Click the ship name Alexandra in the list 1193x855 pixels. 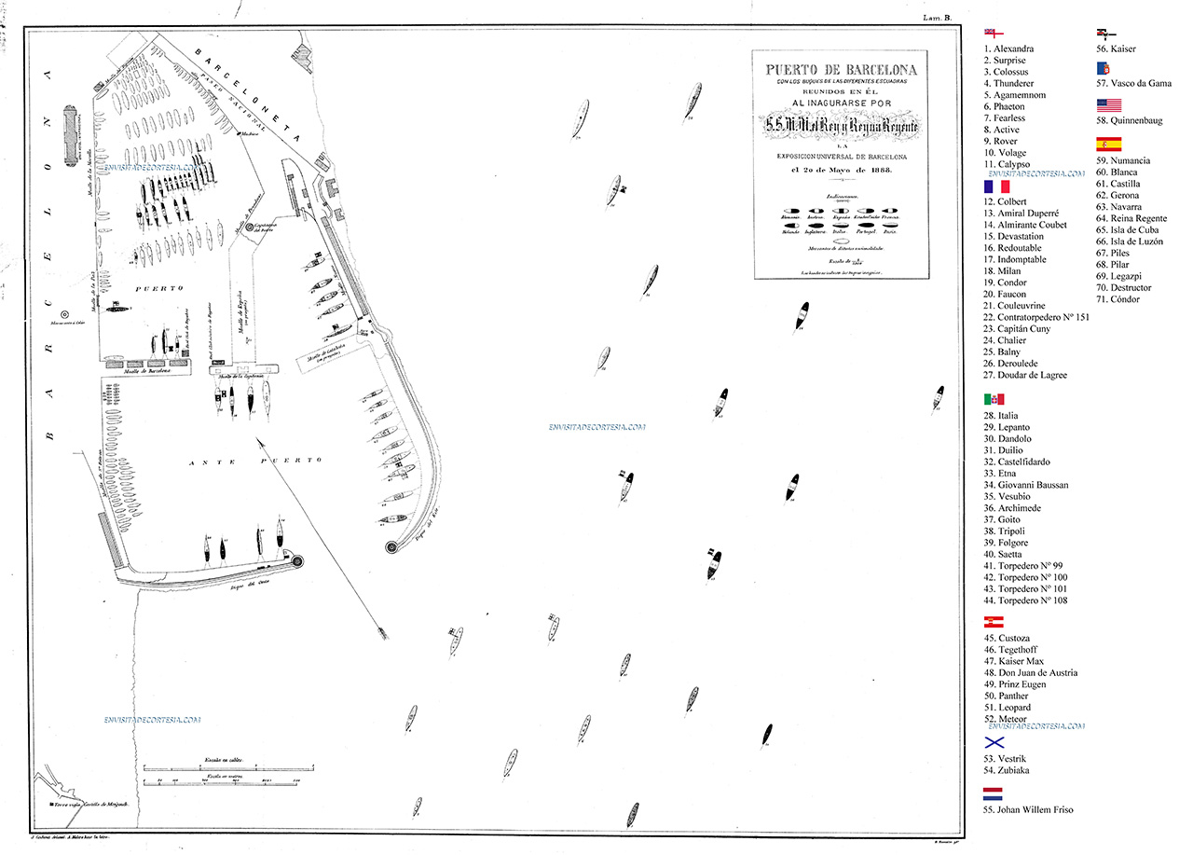pos(1014,48)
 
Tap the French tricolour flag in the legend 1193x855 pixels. pos(997,186)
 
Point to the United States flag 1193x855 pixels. pos(1108,105)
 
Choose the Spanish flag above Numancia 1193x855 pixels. pos(1108,145)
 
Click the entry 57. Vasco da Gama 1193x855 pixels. pos(1133,84)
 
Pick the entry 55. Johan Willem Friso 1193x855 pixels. pos(1028,810)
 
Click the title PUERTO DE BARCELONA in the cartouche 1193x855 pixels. pos(841,70)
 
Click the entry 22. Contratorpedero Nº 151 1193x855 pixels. pos(1036,318)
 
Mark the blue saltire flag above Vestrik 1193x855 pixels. pos(994,743)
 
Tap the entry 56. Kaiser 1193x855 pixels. pos(1116,48)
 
